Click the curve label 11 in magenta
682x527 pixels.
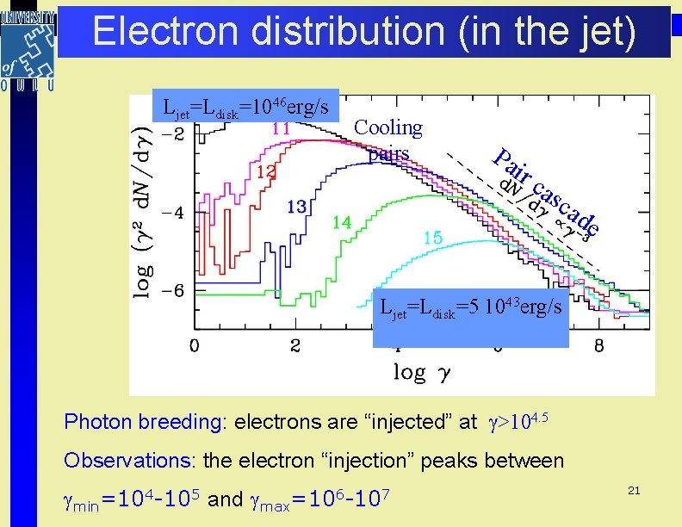[281, 129]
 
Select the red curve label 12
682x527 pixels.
[267, 172]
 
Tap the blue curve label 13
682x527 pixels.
[297, 207]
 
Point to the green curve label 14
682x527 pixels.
[342, 222]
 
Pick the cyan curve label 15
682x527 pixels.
[433, 237]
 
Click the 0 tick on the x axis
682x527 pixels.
[195, 346]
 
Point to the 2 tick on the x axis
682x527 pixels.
[296, 346]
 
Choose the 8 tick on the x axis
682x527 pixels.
[599, 346]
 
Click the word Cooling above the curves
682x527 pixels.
[388, 128]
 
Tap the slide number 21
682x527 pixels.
[634, 490]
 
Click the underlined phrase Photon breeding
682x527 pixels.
[140, 422]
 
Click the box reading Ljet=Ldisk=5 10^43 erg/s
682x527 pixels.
[471, 307]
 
